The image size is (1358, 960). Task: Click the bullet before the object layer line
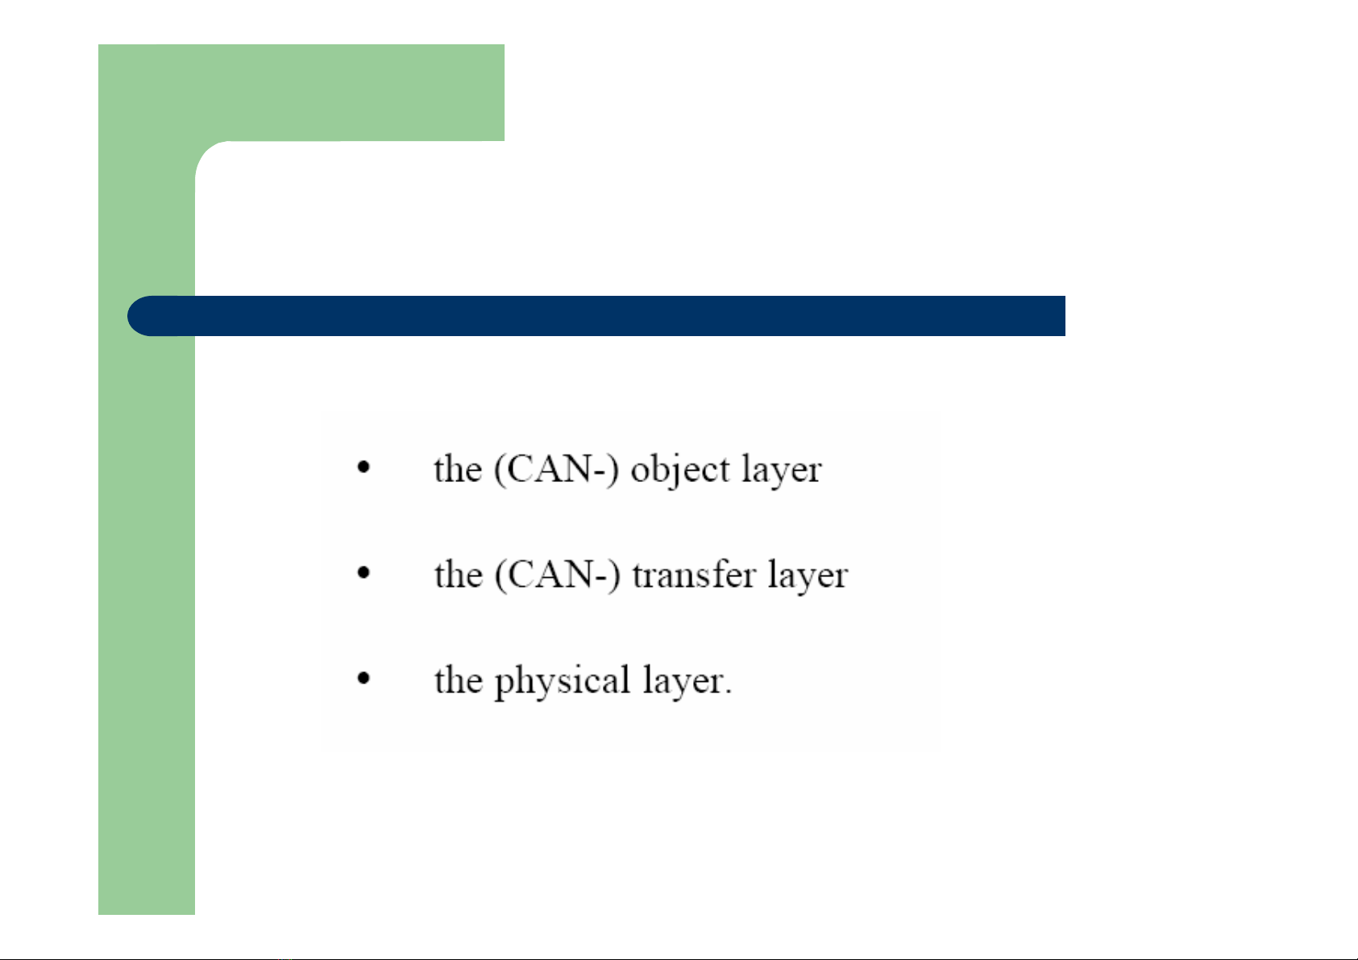pos(363,467)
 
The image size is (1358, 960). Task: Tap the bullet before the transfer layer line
pos(363,572)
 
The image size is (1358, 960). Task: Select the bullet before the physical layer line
pos(363,678)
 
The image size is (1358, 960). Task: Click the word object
pos(680,471)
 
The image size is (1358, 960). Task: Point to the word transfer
pos(694,574)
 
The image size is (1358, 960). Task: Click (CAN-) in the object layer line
pos(557,470)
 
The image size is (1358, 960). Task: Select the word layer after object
pos(782,471)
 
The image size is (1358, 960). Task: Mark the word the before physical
pos(459,679)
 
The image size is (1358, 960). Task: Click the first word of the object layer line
pos(458,469)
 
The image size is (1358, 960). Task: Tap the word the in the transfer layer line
pos(459,574)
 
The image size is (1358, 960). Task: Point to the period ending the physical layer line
pos(728,692)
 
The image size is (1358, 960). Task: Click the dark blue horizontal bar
pos(596,316)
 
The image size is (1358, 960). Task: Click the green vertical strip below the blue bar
pos(147,625)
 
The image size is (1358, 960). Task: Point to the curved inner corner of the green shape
pos(206,152)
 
